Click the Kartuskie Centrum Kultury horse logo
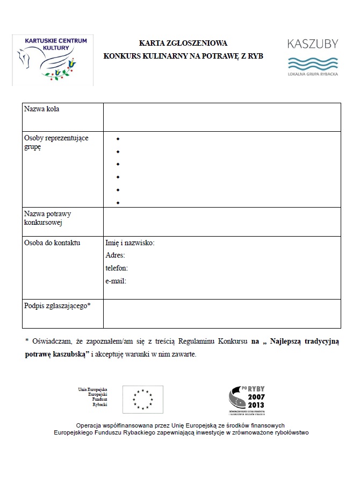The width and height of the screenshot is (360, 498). click(x=53, y=60)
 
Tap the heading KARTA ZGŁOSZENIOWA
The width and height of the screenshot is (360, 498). click(x=183, y=43)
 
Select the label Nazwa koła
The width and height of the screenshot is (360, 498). click(x=42, y=109)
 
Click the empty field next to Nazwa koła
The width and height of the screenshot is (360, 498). click(x=222, y=117)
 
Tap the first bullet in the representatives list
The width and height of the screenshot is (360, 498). click(x=118, y=138)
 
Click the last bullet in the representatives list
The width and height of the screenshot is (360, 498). click(x=118, y=203)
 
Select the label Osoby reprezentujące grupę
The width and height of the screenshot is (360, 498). click(x=56, y=143)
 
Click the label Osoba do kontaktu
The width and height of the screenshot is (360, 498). click(x=52, y=243)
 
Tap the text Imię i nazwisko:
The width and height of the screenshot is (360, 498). click(x=130, y=243)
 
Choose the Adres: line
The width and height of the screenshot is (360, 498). click(x=116, y=255)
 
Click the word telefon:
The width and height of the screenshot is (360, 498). click(x=117, y=268)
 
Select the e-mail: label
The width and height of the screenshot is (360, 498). click(x=116, y=281)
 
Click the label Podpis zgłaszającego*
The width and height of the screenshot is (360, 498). click(x=57, y=305)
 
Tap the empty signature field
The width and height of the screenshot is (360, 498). click(x=222, y=314)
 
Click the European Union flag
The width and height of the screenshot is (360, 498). click(x=142, y=399)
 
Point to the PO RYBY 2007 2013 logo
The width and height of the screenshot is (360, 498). click(x=247, y=400)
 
